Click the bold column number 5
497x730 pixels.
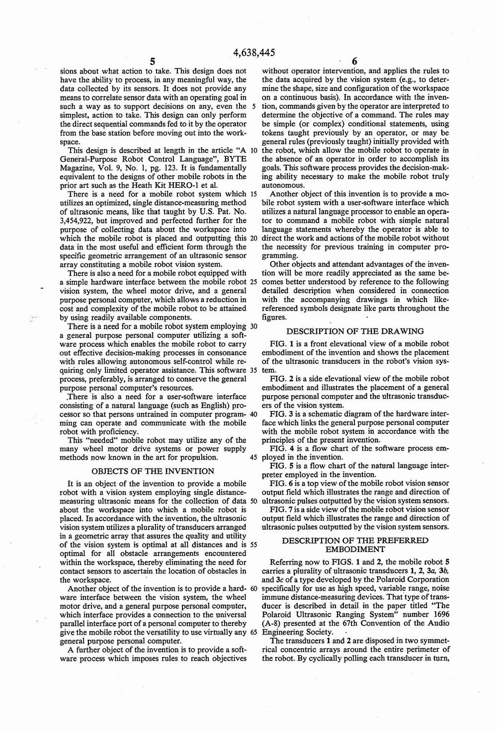[x=153, y=62]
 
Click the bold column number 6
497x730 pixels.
[x=354, y=62]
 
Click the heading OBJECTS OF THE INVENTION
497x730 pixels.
[x=154, y=471]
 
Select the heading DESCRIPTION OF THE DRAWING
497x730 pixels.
[x=355, y=331]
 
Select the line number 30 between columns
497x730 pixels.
[x=253, y=326]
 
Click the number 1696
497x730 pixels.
[x=439, y=615]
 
